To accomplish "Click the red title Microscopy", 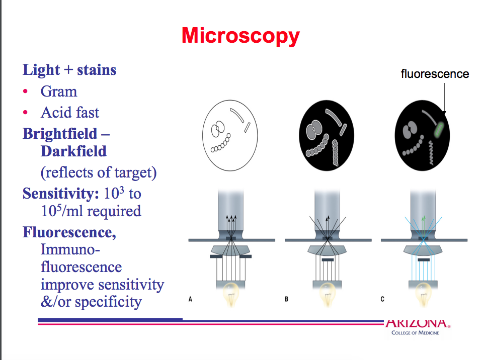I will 240,36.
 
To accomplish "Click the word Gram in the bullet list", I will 59,92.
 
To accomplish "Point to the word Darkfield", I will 73,151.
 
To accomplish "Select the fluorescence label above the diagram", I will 435,74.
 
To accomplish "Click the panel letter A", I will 191,299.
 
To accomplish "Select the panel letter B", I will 286,299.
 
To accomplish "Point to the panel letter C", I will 382,299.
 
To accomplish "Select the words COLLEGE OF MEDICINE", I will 411,332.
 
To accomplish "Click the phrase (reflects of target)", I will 99,172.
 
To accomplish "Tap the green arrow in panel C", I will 423,219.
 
